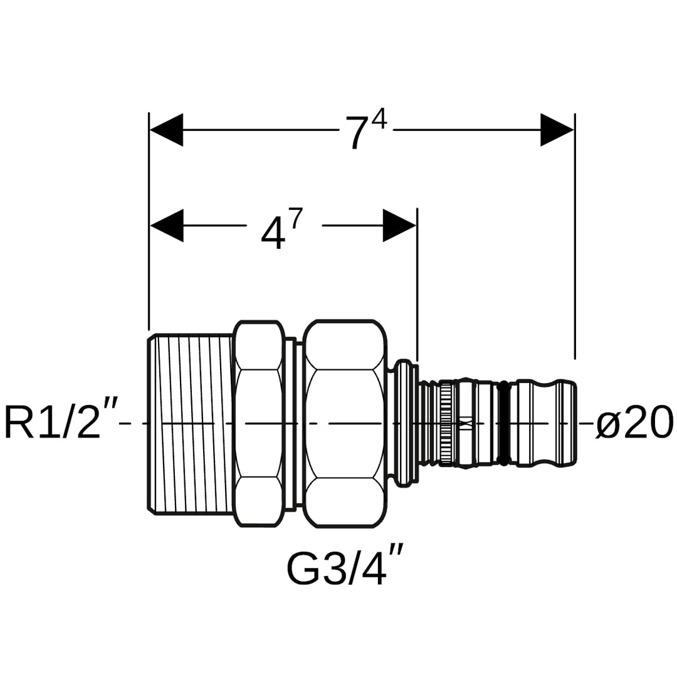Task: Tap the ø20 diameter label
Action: (634, 422)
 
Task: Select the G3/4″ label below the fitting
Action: (344, 568)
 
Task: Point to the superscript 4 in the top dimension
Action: (379, 118)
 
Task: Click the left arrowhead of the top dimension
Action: (167, 130)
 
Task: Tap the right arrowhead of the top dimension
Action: (557, 130)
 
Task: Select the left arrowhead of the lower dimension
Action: (167, 225)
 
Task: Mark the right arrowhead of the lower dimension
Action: (399, 225)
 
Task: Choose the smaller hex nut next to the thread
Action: (258, 424)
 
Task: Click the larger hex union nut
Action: (344, 424)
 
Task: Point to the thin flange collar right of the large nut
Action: (404, 424)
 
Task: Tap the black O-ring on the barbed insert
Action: (502, 424)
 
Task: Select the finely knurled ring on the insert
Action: (446, 424)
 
